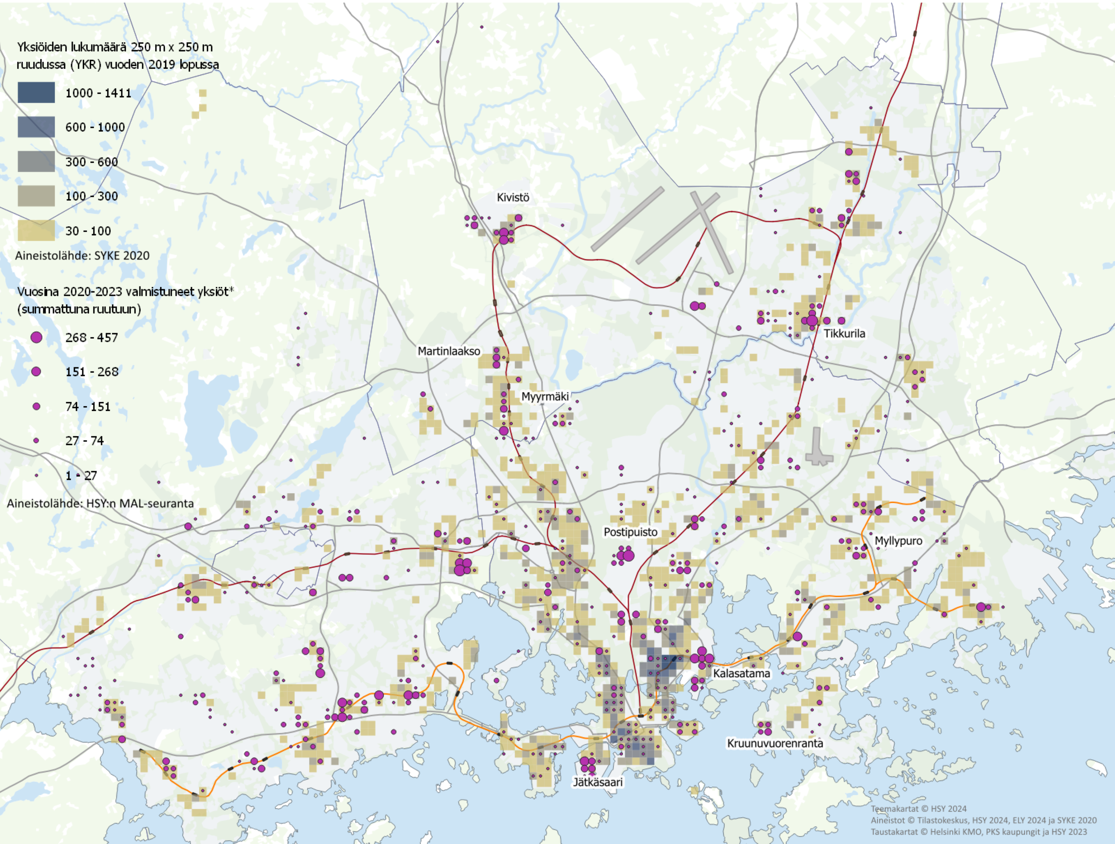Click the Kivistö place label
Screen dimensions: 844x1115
pos(513,198)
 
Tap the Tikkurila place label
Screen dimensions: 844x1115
pos(844,333)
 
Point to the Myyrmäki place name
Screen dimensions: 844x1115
pos(545,396)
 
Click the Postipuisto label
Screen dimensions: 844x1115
pos(631,532)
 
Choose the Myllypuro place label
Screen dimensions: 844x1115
pos(898,541)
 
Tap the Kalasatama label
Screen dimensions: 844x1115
pos(741,674)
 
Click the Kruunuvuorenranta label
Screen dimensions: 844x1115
pos(775,743)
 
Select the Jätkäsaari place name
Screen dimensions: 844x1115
pos(598,782)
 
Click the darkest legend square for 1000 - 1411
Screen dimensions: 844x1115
pos(36,93)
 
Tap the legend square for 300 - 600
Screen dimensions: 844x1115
pos(36,161)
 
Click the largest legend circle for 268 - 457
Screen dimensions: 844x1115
pos(36,337)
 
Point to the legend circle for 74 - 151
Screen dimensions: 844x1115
pos(36,406)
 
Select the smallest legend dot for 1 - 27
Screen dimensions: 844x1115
pos(36,475)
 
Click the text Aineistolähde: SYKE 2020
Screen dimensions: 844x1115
pos(82,255)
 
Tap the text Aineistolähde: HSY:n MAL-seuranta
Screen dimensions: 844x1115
pos(100,503)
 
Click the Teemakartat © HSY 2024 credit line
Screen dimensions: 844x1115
pos(919,809)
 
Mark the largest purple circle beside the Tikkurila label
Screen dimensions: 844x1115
pos(812,321)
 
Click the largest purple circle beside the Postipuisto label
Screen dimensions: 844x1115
pos(629,556)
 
